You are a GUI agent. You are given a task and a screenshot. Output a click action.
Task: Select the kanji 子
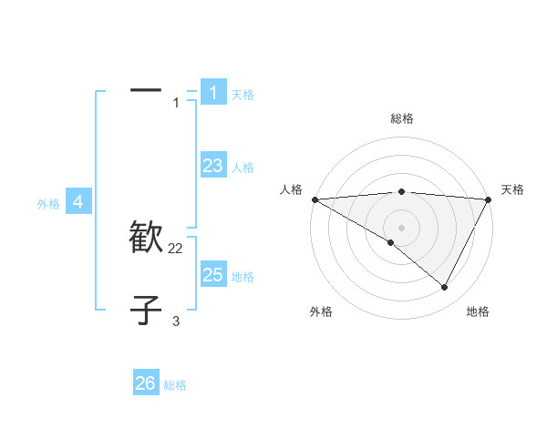146,310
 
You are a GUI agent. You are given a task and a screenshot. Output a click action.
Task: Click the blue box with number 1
212,92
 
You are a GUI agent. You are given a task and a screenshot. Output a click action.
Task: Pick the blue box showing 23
212,165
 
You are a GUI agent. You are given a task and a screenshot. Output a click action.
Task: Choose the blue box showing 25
212,274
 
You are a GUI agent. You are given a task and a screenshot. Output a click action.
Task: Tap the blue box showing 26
145,383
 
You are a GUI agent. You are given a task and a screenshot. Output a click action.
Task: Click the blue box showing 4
78,201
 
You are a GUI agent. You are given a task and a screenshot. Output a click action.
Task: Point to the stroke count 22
176,249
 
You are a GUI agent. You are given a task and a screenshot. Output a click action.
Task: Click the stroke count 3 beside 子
176,321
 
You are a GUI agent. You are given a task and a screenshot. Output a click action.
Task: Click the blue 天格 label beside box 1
243,95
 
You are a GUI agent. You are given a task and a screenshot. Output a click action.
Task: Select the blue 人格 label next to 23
243,168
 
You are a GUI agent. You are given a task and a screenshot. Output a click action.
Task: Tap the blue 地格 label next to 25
243,277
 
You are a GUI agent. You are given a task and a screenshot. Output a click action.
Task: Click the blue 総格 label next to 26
175,386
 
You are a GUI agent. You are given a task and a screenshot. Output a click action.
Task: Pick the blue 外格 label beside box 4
48,204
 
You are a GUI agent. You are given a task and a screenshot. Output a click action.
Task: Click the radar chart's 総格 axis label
401,118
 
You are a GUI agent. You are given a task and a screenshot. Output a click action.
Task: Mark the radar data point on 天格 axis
488,199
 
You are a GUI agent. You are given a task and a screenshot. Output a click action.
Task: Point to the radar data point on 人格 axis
315,199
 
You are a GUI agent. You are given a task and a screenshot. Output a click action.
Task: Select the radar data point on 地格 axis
445,287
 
